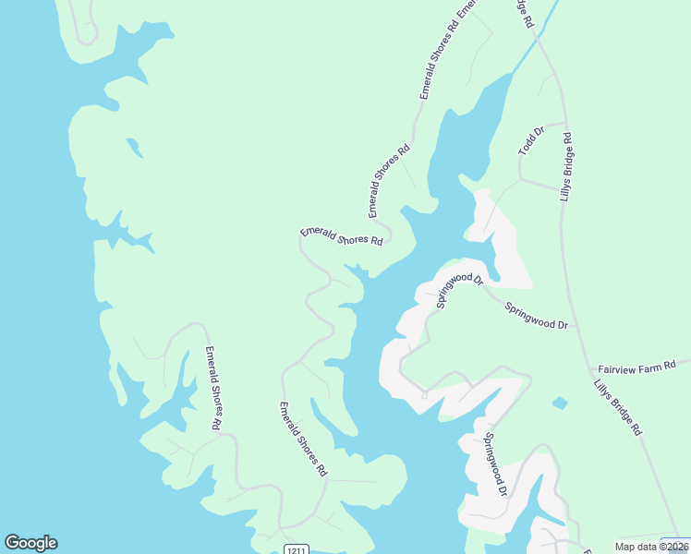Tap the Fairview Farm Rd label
tap(637, 367)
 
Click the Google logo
tap(30, 543)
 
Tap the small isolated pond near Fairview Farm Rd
tap(559, 403)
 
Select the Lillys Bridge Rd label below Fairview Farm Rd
tap(617, 406)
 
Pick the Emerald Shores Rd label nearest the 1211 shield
tap(304, 440)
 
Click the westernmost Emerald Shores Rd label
tap(212, 388)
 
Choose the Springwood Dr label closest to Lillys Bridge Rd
tap(536, 315)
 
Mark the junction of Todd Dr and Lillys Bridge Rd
tap(564, 122)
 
